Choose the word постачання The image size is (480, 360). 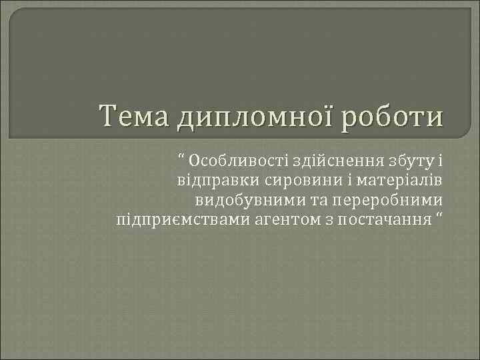coord(380,219)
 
